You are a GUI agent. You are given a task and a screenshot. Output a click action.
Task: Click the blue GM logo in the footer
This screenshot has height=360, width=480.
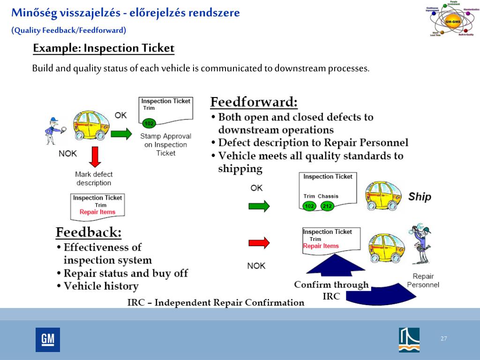[48, 339]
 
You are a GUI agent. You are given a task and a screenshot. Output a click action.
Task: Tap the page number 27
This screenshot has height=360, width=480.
[443, 339]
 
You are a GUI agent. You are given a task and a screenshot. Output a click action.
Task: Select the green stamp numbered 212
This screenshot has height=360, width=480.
[327, 206]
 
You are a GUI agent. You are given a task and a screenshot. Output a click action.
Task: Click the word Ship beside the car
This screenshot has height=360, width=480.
[419, 196]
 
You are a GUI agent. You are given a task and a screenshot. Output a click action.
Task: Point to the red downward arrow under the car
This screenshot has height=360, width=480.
[95, 157]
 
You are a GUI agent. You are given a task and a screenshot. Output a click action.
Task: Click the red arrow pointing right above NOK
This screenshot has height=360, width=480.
[259, 242]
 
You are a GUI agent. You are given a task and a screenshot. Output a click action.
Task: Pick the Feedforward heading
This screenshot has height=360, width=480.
[254, 102]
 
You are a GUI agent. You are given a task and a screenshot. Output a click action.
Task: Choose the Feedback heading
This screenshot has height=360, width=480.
[89, 232]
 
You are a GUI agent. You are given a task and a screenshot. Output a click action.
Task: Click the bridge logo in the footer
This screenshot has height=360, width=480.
[409, 339]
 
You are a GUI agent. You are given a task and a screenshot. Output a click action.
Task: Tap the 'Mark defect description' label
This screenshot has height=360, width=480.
[94, 179]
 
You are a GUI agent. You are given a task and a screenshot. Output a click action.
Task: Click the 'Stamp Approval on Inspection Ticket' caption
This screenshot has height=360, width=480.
[165, 144]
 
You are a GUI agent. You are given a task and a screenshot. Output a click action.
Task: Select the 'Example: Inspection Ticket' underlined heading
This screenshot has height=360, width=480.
[104, 48]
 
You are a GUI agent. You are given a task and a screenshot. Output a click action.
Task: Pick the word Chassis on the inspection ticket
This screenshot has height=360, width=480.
[328, 196]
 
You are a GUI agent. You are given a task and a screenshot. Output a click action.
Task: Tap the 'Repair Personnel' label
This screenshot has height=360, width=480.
[423, 280]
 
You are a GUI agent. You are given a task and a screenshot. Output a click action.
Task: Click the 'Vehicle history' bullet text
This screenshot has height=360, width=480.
[101, 286]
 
